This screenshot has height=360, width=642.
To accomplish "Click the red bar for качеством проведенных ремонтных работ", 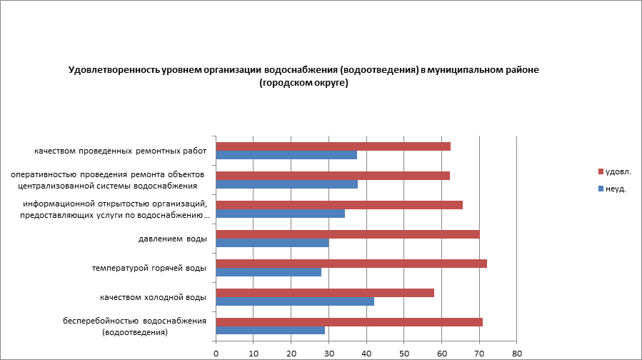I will click(x=333, y=146).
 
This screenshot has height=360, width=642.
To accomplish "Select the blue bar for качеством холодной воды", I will click(x=294, y=301).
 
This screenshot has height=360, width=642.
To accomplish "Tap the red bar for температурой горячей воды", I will click(x=351, y=264).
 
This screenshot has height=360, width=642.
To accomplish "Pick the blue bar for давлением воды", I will click(x=272, y=242).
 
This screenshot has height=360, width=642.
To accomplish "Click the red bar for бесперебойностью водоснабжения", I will click(x=348, y=321).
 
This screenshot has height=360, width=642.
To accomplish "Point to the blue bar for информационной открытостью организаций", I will click(x=280, y=213).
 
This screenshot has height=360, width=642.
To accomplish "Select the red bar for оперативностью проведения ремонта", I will click(x=332, y=176).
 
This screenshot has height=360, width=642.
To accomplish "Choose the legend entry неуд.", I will click(x=615, y=189).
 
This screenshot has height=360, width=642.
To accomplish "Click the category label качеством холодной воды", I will click(x=153, y=296).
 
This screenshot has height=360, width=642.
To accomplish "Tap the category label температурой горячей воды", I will click(x=149, y=268).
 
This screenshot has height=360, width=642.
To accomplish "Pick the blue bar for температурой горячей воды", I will click(x=269, y=271).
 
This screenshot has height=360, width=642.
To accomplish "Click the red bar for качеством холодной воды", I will click(x=325, y=292).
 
